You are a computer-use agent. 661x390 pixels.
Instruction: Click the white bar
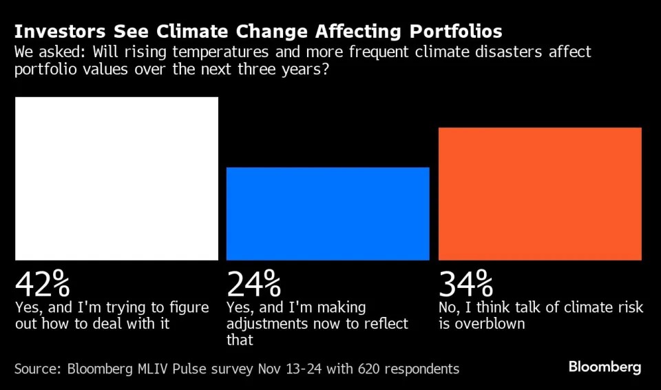(116, 178)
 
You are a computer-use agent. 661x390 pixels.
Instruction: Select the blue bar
(328, 214)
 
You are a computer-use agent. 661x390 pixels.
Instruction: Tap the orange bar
(540, 194)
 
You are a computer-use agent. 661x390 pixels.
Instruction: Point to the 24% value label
(254, 283)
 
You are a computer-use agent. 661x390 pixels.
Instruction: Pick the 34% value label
(466, 283)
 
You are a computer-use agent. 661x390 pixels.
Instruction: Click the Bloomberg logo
(605, 367)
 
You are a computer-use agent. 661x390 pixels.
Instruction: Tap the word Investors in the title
(57, 32)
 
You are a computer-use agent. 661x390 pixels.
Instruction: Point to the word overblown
(490, 324)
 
